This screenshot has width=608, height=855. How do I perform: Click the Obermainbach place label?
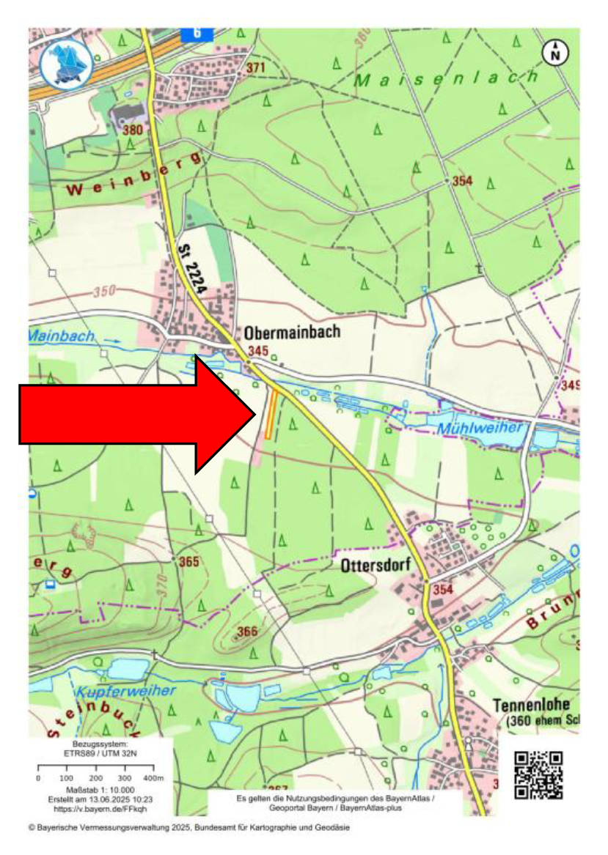pos(293,332)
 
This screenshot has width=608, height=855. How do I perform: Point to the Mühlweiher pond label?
pos(481,428)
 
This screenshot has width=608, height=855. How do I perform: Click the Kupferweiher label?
pos(125,691)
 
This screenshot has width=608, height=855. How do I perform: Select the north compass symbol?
pos(555,52)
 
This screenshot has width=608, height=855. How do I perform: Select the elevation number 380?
pos(133,130)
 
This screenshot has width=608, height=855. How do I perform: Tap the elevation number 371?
pos(255,68)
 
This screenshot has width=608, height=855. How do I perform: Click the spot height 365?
pos(189,562)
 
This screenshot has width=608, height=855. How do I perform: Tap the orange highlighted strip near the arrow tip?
pos(271,415)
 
